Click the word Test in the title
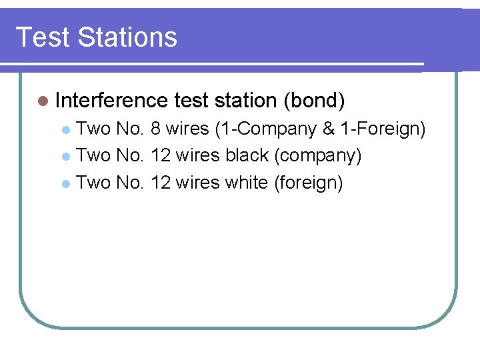(42, 37)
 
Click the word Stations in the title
(127, 37)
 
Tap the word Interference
(111, 101)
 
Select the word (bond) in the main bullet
(314, 101)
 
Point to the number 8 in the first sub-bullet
(155, 128)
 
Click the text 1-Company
(266, 128)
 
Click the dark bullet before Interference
(43, 101)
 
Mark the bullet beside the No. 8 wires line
(65, 129)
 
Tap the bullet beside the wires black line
(65, 156)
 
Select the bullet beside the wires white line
(65, 183)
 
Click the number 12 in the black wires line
(161, 155)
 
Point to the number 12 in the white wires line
(161, 182)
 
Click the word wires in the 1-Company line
(187, 128)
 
